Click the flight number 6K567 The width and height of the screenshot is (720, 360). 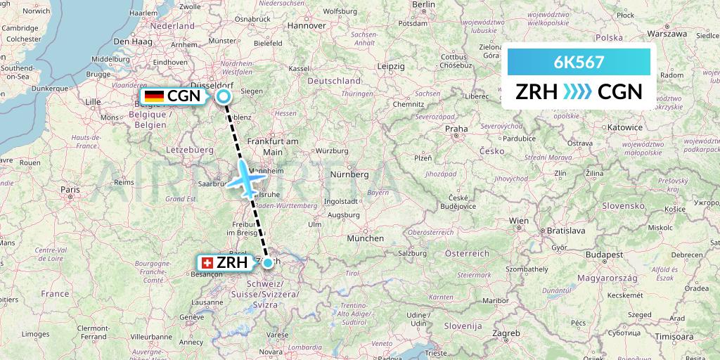point(579,62)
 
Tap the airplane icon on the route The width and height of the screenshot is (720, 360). point(246,179)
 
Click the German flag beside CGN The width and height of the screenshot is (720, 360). point(154,96)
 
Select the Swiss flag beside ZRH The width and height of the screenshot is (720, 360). point(207,263)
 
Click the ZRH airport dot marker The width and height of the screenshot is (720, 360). point(267,262)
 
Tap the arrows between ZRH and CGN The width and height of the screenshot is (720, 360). point(578,92)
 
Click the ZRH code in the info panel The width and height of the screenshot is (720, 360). point(536,92)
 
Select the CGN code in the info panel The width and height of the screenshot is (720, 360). point(619,92)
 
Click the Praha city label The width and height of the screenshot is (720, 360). point(456,129)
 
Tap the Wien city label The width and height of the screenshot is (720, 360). point(519,220)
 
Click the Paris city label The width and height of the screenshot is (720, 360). point(70,189)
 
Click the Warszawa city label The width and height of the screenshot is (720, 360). point(667,33)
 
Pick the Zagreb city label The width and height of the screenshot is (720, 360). point(506,332)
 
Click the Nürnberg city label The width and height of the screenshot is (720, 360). point(349,174)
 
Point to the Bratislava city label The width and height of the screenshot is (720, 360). point(566,230)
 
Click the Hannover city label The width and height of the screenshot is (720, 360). point(307,25)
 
